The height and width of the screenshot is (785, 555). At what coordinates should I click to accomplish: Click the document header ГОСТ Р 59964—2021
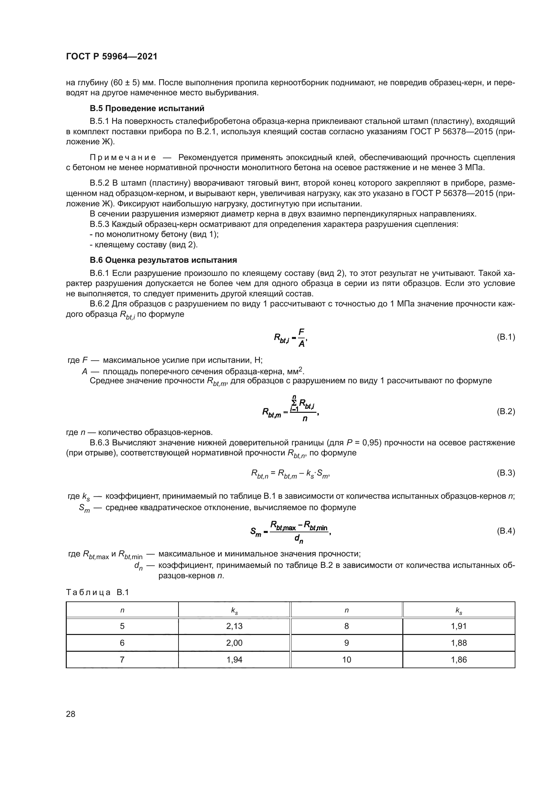click(x=111, y=57)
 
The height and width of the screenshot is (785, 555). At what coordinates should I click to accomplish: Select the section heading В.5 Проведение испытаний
click(x=147, y=108)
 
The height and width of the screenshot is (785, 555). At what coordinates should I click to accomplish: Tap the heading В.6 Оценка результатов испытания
click(x=163, y=260)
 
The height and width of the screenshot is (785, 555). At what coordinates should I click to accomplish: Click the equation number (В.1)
click(x=505, y=337)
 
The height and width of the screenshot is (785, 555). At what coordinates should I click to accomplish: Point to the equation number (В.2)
click(x=505, y=411)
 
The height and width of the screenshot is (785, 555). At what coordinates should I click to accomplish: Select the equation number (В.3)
click(x=505, y=473)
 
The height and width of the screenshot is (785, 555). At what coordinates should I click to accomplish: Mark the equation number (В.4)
click(x=505, y=531)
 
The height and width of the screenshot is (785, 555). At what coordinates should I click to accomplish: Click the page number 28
click(x=70, y=714)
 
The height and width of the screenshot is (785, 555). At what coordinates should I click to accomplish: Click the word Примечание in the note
click(x=123, y=158)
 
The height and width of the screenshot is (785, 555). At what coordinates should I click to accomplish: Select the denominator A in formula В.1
click(x=301, y=344)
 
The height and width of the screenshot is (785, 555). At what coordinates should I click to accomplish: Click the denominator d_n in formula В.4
click(x=298, y=539)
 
